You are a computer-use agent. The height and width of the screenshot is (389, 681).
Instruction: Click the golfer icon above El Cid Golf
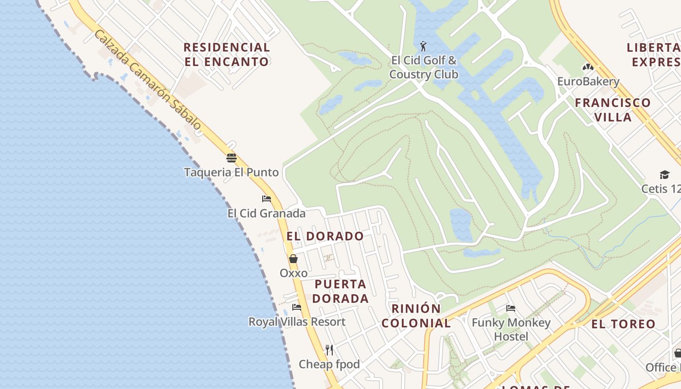pos(424,47)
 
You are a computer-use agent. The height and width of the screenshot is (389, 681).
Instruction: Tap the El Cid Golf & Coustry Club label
pos(424,68)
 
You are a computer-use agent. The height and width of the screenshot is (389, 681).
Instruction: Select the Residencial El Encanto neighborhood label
pos(227,54)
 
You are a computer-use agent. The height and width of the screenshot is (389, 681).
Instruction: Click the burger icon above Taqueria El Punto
pos(231,158)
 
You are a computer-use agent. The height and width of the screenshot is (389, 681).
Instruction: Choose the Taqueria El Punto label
pos(231,172)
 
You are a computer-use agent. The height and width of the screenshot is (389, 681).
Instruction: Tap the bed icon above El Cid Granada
pos(267,199)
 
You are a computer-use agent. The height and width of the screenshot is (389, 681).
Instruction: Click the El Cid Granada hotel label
pos(267,213)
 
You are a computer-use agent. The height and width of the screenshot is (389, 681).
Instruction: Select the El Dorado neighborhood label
pos(325,236)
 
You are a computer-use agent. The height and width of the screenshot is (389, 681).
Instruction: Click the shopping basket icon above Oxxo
pos(293,259)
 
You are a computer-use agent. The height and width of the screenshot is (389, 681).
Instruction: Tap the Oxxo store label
pos(293,273)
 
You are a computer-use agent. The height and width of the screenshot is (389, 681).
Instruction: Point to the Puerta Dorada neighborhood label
pos(340,291)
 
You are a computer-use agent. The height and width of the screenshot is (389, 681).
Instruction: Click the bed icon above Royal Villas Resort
pos(297,307)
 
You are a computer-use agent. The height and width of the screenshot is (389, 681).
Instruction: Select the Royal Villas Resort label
pos(297,322)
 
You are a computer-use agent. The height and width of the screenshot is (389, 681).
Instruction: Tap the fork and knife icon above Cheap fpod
pos(329,350)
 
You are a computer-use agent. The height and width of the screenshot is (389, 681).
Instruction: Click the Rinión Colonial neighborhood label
pos(416,316)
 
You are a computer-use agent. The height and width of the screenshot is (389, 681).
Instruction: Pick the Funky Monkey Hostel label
pos(511,329)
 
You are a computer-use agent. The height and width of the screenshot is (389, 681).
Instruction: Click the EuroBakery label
pos(588,81)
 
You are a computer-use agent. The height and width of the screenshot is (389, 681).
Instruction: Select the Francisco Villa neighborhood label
pos(612,109)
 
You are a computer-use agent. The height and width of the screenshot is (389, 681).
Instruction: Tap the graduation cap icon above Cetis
pos(664,175)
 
